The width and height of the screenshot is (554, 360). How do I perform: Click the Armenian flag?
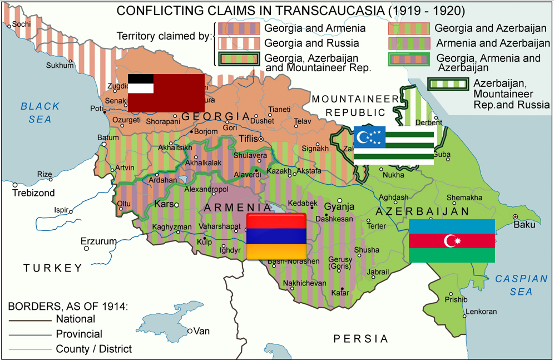pos(276,236)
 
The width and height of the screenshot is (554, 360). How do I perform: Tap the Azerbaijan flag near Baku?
pos(452,240)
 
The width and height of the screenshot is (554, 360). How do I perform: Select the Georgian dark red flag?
pos(166,92)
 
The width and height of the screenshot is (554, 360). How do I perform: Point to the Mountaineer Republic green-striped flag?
pos(394,145)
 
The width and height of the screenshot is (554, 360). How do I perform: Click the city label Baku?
pos(525,225)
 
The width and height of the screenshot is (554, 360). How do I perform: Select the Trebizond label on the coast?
pos(34,193)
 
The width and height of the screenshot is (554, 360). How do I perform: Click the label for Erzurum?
pos(98,241)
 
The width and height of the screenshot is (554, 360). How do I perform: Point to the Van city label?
pos(201,331)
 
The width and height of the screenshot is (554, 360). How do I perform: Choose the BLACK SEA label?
pos(40,112)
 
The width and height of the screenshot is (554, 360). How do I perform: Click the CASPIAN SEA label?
pos(513,285)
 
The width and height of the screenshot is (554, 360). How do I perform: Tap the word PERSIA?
pos(360,338)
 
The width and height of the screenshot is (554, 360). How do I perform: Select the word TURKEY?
pos(53,268)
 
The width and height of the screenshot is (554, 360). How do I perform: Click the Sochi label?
pos(21,24)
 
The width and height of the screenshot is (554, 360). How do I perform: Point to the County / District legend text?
pos(94,349)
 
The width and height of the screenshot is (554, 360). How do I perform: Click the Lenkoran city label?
pos(481,312)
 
